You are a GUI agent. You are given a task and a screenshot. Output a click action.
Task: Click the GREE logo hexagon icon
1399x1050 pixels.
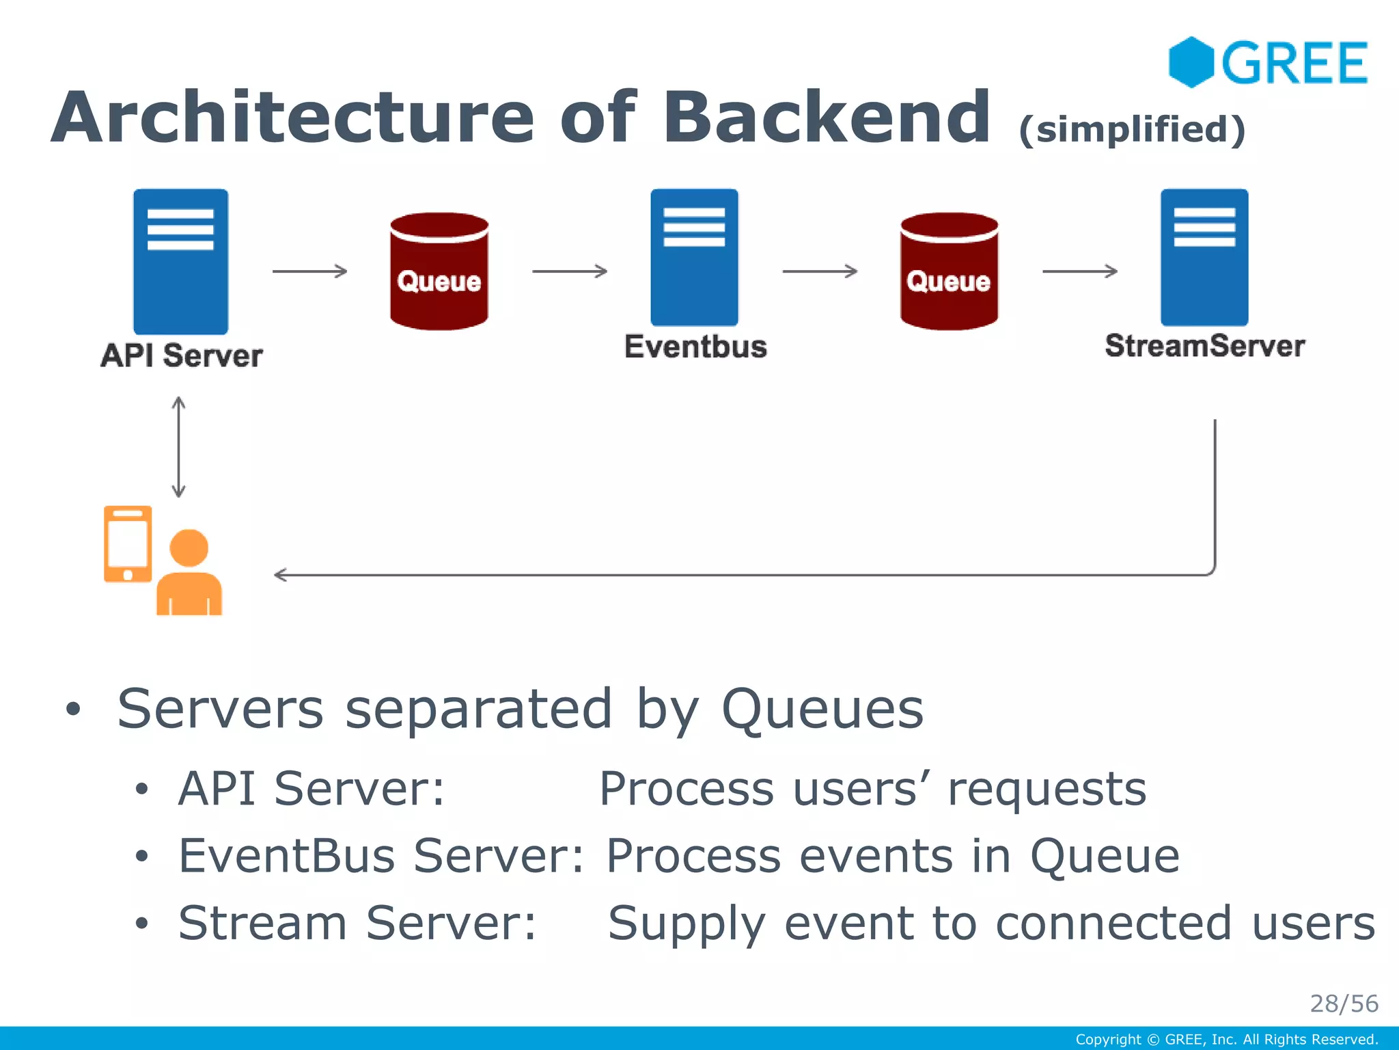pyautogui.click(x=1191, y=62)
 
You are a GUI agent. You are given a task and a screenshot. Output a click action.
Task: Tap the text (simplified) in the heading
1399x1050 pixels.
pyautogui.click(x=1132, y=129)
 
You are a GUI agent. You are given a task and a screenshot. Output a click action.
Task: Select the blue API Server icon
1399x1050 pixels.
pyautogui.click(x=180, y=261)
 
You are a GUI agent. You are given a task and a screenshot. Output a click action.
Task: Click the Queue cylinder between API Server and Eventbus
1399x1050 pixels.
pyautogui.click(x=439, y=271)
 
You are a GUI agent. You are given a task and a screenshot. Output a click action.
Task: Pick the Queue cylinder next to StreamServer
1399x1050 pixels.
pyautogui.click(x=949, y=271)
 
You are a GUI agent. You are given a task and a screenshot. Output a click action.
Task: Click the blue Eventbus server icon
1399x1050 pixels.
pyautogui.click(x=694, y=257)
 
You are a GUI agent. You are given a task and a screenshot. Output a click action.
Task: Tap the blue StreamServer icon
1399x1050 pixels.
pyautogui.click(x=1204, y=257)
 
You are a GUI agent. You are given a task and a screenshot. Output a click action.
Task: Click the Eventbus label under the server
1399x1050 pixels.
pyautogui.click(x=695, y=347)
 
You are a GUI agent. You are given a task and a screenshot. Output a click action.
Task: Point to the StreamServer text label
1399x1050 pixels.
pyautogui.click(x=1205, y=346)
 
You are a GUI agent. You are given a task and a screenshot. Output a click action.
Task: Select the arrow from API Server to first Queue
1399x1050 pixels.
pyautogui.click(x=310, y=271)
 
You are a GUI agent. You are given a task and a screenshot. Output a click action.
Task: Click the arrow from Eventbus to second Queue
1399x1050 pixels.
pyautogui.click(x=820, y=271)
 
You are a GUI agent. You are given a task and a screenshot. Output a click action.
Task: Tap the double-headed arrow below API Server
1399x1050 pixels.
pyautogui.click(x=179, y=447)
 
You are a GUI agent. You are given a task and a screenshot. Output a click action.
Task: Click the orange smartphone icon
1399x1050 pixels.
pyautogui.click(x=128, y=543)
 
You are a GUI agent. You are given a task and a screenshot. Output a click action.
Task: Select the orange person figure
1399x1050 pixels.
pyautogui.click(x=189, y=574)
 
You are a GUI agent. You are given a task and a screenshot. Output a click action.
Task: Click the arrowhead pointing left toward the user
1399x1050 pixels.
pyautogui.click(x=280, y=575)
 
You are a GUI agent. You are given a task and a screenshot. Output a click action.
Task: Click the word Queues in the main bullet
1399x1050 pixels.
pyautogui.click(x=822, y=710)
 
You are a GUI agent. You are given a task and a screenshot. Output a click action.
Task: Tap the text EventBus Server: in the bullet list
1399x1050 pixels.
pyautogui.click(x=381, y=855)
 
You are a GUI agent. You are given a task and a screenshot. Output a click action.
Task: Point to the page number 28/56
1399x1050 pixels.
pyautogui.click(x=1344, y=1004)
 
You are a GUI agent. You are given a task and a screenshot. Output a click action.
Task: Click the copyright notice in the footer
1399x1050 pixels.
pyautogui.click(x=1227, y=1040)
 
